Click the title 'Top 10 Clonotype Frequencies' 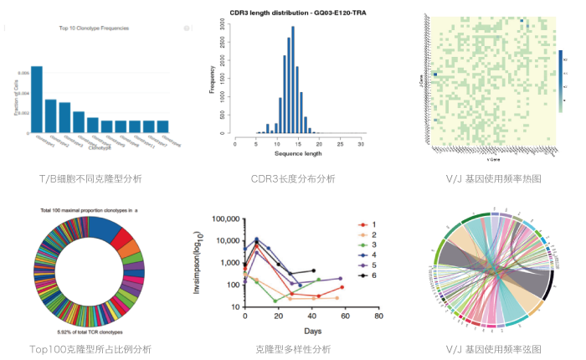click(x=93, y=28)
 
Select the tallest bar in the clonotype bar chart click(x=37, y=99)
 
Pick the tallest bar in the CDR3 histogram click(x=292, y=80)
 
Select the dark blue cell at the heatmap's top click(x=521, y=22)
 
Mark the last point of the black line click(x=313, y=270)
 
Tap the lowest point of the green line click(x=275, y=301)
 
